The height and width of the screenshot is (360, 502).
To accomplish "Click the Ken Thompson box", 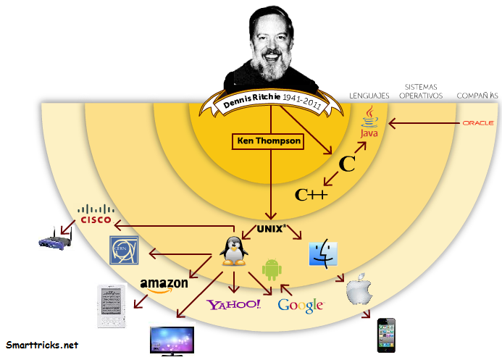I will pos(267,141).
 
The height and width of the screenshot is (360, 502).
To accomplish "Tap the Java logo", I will pos(370,123).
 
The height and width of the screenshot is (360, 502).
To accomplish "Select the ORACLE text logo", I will pos(477,122).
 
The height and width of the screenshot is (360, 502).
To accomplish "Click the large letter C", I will pos(347,164).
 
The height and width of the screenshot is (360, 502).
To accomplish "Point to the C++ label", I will pos(311,194).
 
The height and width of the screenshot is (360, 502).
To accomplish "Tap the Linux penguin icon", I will pos(235,251).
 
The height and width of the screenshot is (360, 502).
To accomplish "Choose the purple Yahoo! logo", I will pos(234,304).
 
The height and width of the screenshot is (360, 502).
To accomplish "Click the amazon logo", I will pos(164,284).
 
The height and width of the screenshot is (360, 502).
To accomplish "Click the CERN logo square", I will pos(123,250).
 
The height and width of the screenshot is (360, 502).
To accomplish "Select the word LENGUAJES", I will pos(369,95).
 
